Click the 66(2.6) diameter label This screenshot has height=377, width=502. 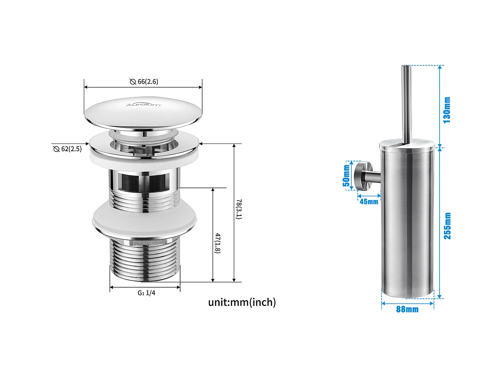click(x=148, y=82)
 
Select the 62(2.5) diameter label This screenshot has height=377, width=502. click(x=71, y=149)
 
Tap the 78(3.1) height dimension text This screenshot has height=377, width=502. click(x=238, y=209)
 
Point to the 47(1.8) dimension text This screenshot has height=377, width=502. click(x=218, y=243)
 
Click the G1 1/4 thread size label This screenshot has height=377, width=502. click(x=146, y=293)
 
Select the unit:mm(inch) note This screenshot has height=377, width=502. click(x=242, y=302)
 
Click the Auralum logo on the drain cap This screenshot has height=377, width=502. click(x=144, y=104)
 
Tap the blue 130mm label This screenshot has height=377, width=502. click(x=447, y=110)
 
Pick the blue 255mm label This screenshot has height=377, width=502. click(x=447, y=226)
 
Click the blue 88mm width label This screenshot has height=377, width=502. click(x=407, y=309)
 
